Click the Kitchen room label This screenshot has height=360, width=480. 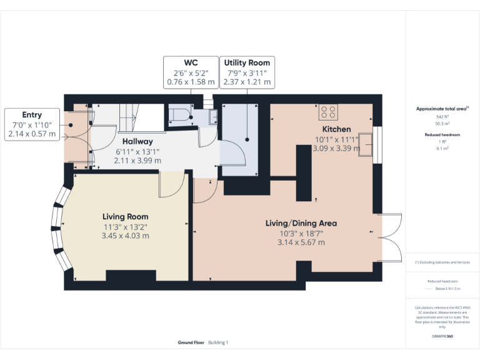[336, 129]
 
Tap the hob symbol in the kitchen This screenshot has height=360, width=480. [329, 112]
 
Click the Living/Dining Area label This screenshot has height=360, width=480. [301, 223]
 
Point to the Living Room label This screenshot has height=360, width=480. [126, 216]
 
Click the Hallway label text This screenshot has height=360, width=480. [137, 141]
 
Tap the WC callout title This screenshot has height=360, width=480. [191, 62]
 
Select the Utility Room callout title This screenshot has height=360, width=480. [247, 62]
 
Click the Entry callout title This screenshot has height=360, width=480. [32, 115]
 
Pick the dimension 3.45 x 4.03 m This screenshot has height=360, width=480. [126, 236]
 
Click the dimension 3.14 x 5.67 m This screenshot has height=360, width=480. [301, 242]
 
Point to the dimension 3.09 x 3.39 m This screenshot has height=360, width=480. [336, 149]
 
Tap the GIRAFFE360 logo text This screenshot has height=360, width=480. [442, 336]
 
